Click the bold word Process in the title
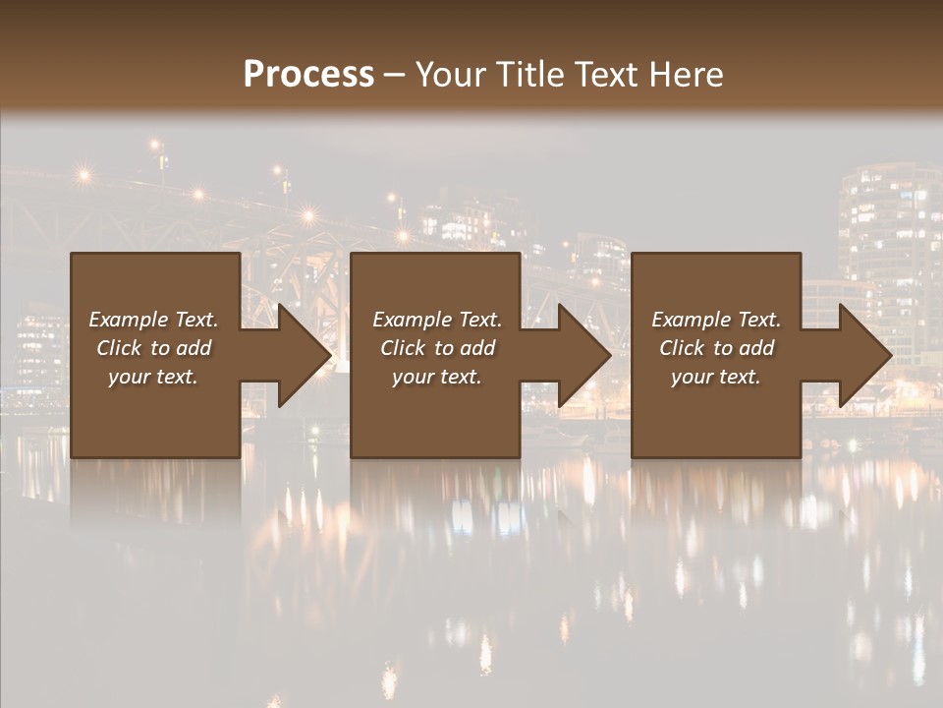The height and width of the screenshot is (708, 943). (x=308, y=75)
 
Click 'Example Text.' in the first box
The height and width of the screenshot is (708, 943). (x=153, y=320)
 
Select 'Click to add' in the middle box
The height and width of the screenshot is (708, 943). (x=437, y=348)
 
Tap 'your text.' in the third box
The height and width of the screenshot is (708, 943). (x=715, y=377)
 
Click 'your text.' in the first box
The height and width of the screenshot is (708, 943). (x=153, y=377)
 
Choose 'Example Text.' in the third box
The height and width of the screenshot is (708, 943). (x=716, y=320)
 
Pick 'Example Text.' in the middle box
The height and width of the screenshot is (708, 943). (x=437, y=320)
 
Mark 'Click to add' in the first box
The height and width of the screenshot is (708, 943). (x=153, y=348)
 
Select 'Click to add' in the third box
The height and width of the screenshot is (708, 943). (x=716, y=348)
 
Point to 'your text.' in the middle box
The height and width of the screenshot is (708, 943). (x=436, y=377)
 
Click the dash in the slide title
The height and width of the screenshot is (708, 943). (x=394, y=75)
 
